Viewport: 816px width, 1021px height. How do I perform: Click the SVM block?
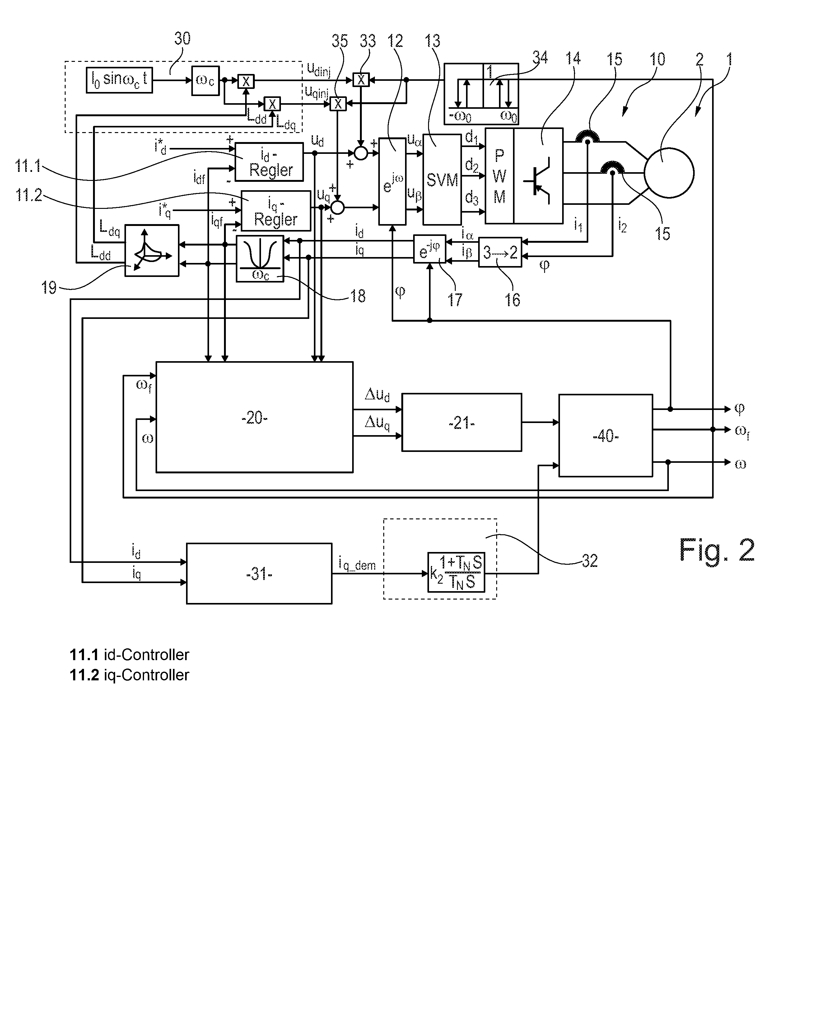[x=442, y=179]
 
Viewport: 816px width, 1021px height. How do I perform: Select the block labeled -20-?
[x=254, y=417]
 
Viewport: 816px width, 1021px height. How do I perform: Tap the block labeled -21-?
[x=462, y=422]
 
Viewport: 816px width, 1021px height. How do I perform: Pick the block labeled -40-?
[x=606, y=435]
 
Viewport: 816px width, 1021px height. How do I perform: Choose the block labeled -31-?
[x=259, y=573]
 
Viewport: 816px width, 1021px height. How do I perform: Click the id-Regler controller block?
[x=269, y=162]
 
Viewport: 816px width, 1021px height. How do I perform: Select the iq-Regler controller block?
[x=276, y=211]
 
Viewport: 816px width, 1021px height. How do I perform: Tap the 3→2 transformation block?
[x=500, y=252]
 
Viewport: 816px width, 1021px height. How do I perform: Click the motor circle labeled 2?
[x=669, y=173]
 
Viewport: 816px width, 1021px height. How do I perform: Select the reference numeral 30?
[x=182, y=38]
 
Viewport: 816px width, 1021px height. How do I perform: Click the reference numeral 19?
[x=49, y=287]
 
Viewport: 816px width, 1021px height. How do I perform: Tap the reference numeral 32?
[x=590, y=561]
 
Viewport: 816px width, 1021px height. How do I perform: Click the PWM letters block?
[x=499, y=176]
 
